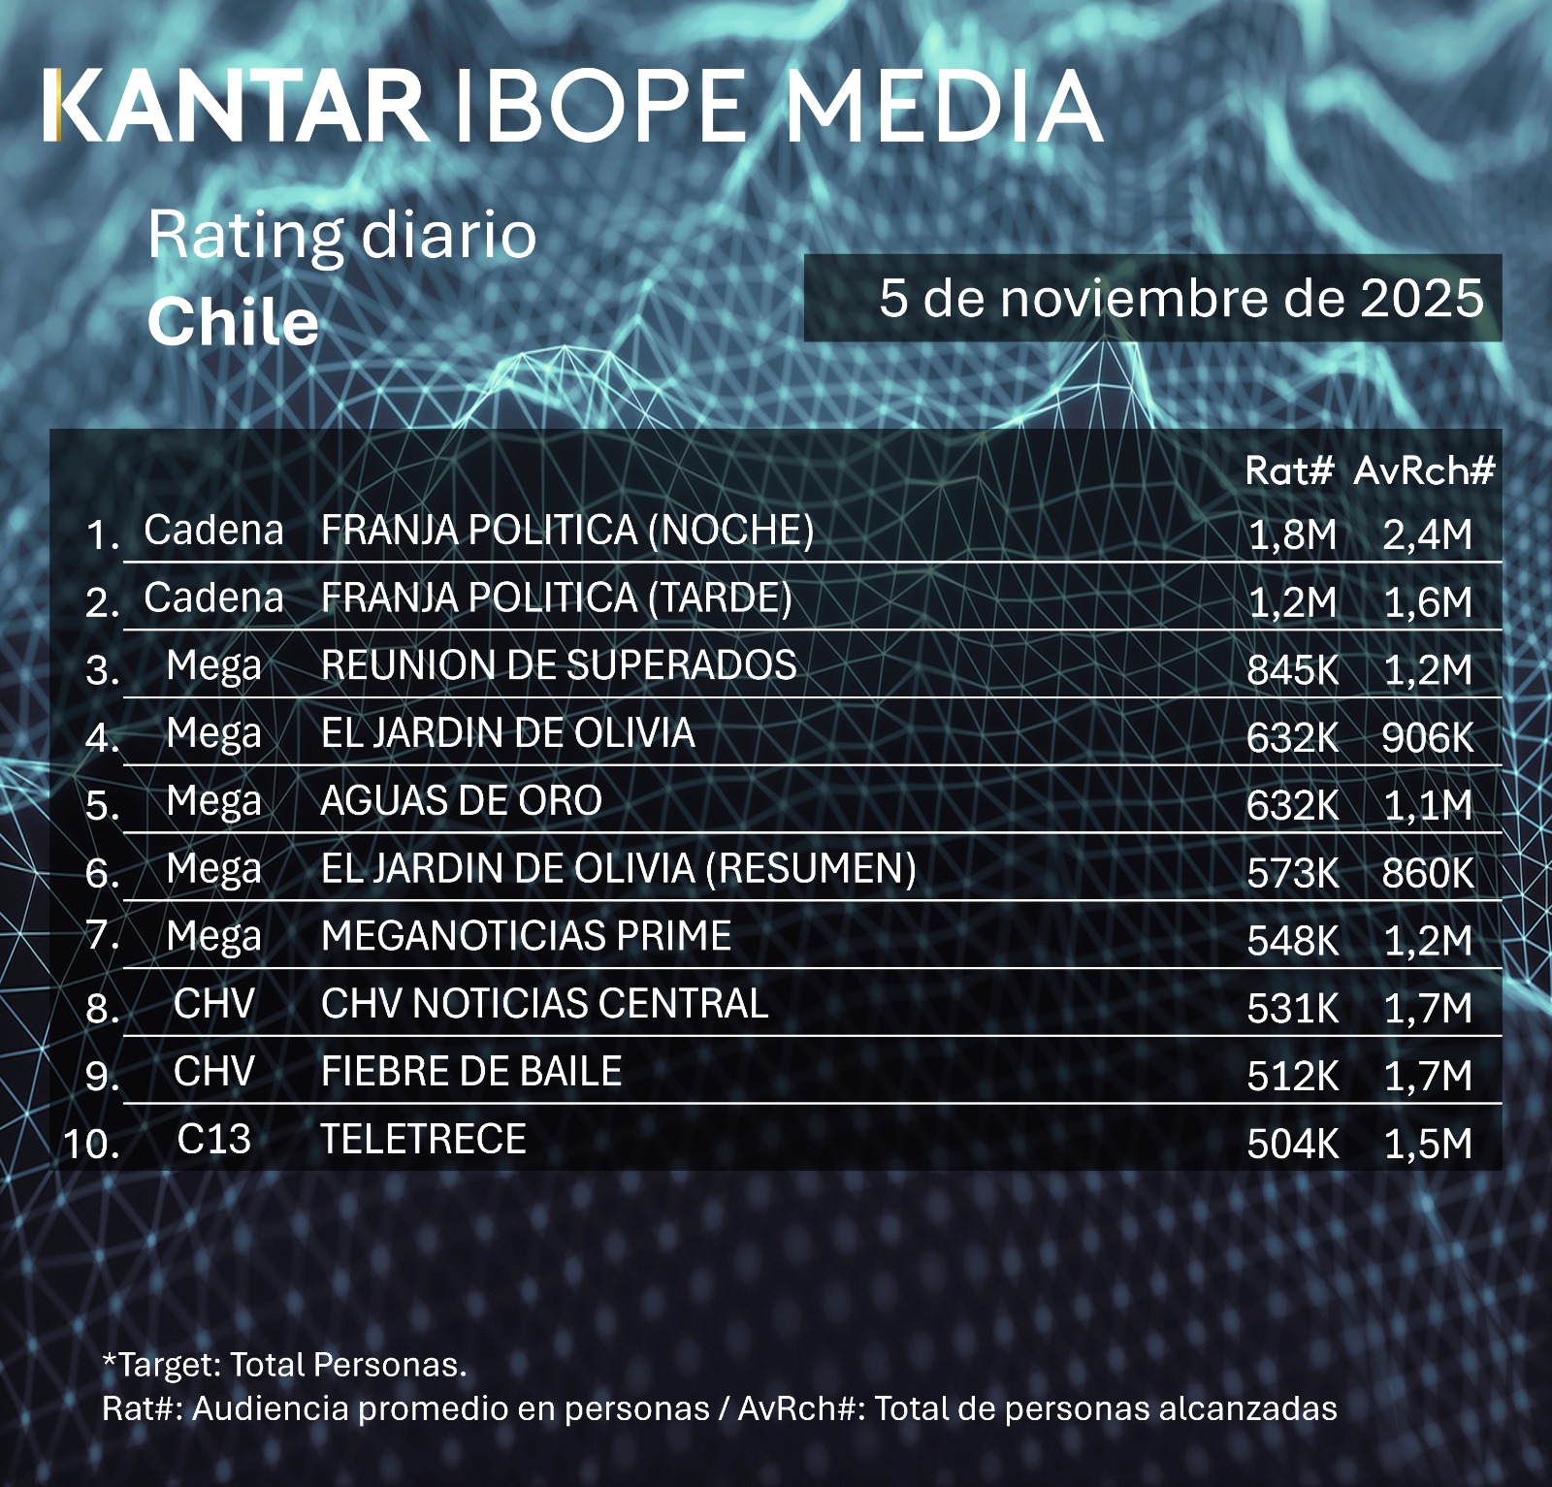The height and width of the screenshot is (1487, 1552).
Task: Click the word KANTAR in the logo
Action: click(x=236, y=107)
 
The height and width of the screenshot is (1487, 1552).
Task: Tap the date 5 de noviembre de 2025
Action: click(x=1180, y=299)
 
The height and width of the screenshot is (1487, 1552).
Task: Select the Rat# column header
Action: click(x=1289, y=471)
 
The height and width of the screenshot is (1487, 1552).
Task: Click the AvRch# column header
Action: click(x=1424, y=471)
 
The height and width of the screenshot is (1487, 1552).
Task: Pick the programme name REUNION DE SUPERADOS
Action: click(x=559, y=665)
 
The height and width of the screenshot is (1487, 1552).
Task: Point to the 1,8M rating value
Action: click(x=1292, y=534)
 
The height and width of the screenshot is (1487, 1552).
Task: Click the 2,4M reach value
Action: click(x=1427, y=534)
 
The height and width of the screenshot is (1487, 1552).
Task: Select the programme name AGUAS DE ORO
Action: click(x=462, y=801)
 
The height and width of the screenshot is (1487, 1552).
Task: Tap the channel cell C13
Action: click(x=213, y=1139)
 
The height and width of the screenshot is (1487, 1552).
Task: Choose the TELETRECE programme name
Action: click(x=424, y=1139)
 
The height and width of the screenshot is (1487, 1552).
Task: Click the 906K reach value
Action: click(x=1427, y=738)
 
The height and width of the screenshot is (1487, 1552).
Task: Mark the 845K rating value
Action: click(x=1292, y=670)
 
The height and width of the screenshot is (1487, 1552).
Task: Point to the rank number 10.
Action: click(x=92, y=1145)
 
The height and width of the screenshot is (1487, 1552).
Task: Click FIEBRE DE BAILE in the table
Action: click(x=471, y=1072)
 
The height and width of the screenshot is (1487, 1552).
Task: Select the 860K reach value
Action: click(x=1427, y=874)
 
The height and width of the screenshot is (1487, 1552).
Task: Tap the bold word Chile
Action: click(x=233, y=323)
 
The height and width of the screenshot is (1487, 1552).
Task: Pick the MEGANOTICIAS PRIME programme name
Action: click(x=527, y=936)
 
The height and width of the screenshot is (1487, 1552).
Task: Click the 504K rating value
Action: click(x=1292, y=1145)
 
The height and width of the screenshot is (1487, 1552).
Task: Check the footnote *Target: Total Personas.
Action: click(x=284, y=1365)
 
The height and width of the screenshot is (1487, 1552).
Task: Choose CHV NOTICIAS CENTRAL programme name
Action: click(x=545, y=1004)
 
